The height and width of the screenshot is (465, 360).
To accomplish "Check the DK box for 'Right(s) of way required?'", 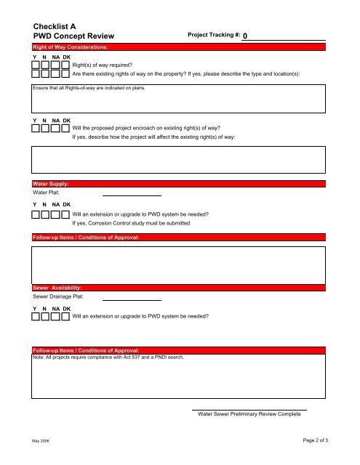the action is (65, 65).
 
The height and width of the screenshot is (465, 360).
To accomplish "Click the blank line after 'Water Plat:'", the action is (132, 194).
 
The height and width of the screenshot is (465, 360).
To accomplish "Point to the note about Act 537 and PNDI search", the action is (109, 357).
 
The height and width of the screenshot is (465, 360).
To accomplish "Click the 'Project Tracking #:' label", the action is (214, 35).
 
